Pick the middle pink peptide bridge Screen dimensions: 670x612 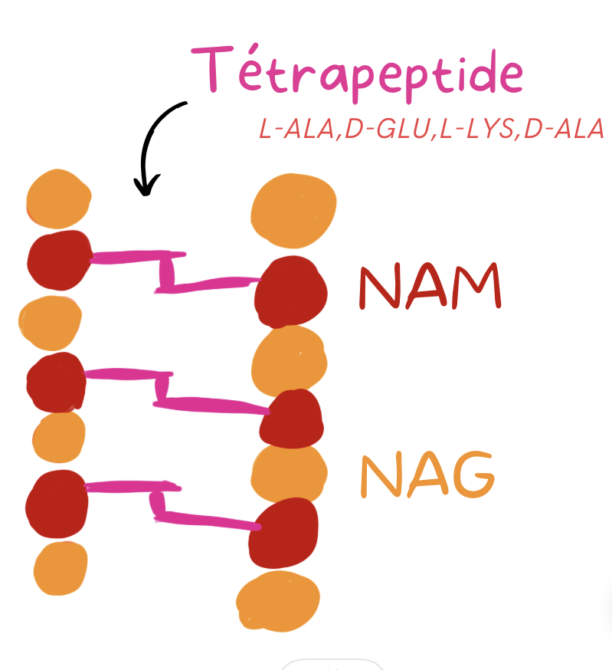coord(165,389)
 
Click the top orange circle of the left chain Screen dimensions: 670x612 coord(58,199)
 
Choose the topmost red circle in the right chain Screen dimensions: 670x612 coord(291,291)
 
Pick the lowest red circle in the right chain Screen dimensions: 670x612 coord(283,533)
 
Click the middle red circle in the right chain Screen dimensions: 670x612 coord(290,419)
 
